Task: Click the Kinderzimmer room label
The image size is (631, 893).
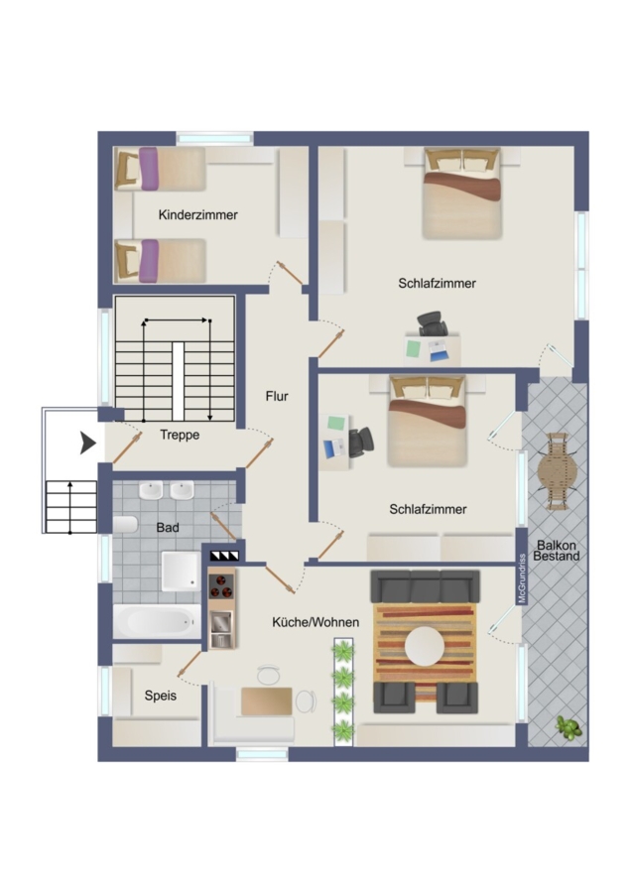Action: tap(197, 214)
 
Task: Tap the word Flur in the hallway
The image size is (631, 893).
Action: tap(277, 396)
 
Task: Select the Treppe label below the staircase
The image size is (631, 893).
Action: tap(180, 435)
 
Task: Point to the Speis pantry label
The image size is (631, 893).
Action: tap(160, 696)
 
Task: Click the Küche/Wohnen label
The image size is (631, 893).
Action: tap(315, 622)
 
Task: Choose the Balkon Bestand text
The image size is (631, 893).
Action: tap(557, 550)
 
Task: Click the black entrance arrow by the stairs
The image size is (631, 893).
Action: tap(87, 443)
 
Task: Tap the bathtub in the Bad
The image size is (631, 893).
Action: tap(157, 621)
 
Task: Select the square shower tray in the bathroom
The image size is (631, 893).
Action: tap(181, 571)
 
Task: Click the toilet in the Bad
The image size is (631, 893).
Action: tap(125, 524)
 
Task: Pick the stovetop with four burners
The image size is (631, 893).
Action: tap(221, 585)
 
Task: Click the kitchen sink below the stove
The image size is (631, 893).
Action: tap(221, 629)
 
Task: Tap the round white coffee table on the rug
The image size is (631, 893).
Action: tap(425, 646)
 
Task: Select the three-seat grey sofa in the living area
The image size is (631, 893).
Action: tap(425, 586)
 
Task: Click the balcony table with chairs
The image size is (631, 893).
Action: tap(557, 471)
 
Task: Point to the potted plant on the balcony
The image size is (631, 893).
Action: tap(568, 728)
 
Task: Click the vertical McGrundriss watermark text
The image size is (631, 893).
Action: tap(522, 578)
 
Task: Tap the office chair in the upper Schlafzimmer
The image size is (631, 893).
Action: tap(432, 323)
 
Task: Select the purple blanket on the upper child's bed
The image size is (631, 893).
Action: tap(149, 169)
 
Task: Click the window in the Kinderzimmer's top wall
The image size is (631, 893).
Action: tap(214, 138)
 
